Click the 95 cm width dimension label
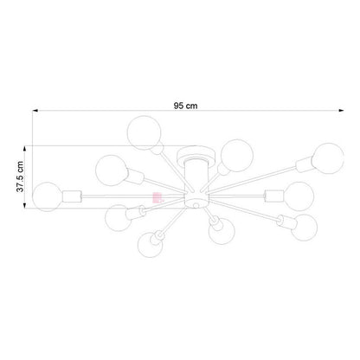click(185, 106)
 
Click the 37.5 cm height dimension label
click(20, 177)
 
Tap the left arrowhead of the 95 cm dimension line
click(35, 110)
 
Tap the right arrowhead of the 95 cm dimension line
click(341, 110)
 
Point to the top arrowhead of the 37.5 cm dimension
click(25, 148)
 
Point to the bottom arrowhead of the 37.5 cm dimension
click(25, 205)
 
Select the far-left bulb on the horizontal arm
click(48, 196)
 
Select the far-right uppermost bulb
click(328, 158)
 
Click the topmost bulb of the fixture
click(144, 132)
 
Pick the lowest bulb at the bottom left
click(150, 244)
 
